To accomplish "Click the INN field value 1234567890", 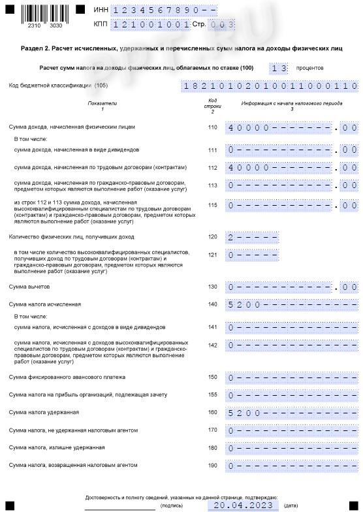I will click(x=164, y=10).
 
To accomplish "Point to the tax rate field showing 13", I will click(x=279, y=68).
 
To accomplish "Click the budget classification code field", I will click(x=270, y=86).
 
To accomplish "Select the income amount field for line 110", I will click(x=292, y=127).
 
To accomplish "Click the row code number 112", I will click(x=212, y=167).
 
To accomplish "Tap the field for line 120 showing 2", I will click(x=253, y=237).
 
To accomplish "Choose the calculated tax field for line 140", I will click(x=292, y=304).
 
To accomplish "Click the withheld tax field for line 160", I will click(x=292, y=413).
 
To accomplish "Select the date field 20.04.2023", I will click(x=242, y=505).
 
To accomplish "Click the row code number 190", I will click(x=212, y=465).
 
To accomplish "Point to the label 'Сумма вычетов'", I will click(x=27, y=287).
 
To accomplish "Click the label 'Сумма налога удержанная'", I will click(x=44, y=412).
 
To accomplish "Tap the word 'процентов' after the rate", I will click(x=309, y=68).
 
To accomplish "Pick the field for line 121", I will click(x=253, y=255).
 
